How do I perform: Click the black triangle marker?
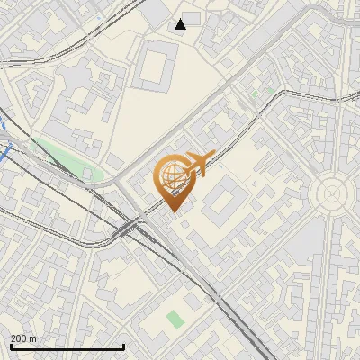pos(181,23)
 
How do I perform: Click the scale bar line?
pos(67,346)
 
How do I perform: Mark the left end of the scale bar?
pos(10,346)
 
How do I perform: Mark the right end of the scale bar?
pos(123,346)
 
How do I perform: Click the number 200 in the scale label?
pos(18,338)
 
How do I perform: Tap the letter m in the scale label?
pos(33,338)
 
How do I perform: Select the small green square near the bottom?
pos(175,319)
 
